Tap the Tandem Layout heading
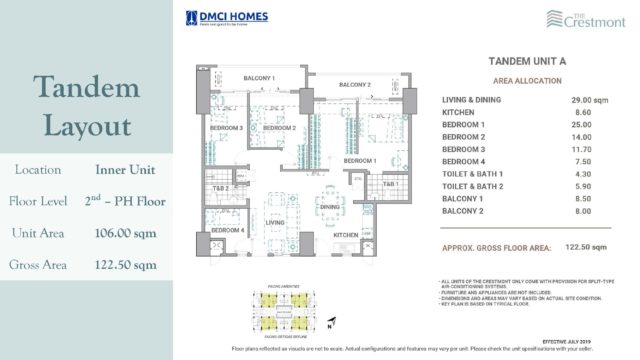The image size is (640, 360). (85, 107)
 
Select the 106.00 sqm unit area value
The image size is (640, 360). (125, 233)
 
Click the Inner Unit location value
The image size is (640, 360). (125, 170)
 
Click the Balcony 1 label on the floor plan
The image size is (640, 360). (257, 78)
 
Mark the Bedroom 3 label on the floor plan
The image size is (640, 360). (226, 129)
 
